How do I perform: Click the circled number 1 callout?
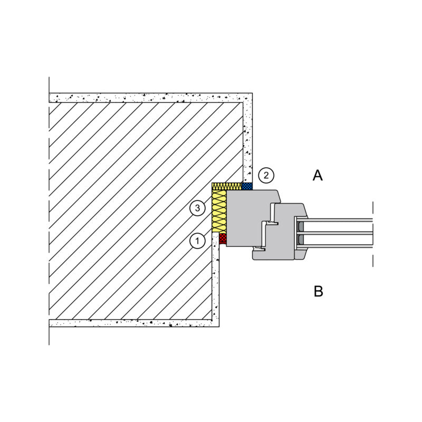click(197, 241)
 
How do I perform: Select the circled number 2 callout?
click(266, 176)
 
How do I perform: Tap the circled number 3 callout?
click(197, 208)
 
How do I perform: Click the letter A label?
click(318, 176)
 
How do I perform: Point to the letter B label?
click(319, 291)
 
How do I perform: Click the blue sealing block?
click(247, 186)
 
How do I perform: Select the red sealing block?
click(223, 238)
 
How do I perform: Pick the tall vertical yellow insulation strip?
click(219, 211)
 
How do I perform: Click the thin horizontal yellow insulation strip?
click(227, 186)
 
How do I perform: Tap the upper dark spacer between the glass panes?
click(301, 226)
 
